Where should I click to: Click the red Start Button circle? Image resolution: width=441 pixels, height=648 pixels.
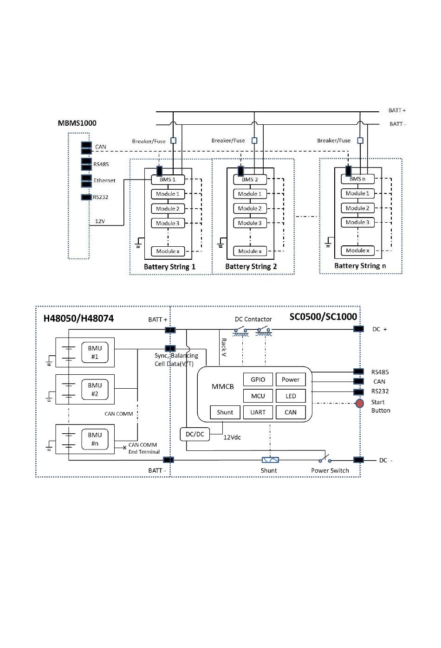[359, 403]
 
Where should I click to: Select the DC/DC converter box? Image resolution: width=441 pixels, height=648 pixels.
[195, 434]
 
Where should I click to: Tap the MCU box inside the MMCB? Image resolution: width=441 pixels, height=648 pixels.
[258, 396]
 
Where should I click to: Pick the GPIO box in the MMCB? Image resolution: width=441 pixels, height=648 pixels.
[258, 379]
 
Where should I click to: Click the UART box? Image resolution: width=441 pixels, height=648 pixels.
[258, 412]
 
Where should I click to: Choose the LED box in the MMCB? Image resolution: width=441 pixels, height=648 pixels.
[291, 396]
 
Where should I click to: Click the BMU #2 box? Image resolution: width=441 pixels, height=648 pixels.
[95, 389]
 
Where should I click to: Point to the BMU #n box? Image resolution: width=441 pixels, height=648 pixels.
[95, 439]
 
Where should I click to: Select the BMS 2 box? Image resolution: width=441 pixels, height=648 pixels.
[250, 180]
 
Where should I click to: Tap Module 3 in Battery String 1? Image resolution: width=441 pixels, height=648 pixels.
[168, 223]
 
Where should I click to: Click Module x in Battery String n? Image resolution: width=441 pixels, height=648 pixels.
[357, 250]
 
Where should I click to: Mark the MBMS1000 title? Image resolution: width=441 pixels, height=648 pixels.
[77, 123]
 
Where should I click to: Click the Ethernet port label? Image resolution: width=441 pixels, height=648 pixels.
[104, 180]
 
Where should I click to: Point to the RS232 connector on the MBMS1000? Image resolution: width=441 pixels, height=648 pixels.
[86, 197]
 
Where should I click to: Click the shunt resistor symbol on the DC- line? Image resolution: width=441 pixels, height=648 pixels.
[270, 460]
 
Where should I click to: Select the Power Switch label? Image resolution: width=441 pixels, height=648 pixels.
[330, 470]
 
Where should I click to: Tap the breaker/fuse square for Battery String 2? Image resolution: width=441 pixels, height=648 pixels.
[254, 141]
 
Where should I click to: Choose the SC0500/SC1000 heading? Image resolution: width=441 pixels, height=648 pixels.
[323, 316]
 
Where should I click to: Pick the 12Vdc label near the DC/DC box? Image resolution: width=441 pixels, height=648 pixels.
[232, 437]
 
